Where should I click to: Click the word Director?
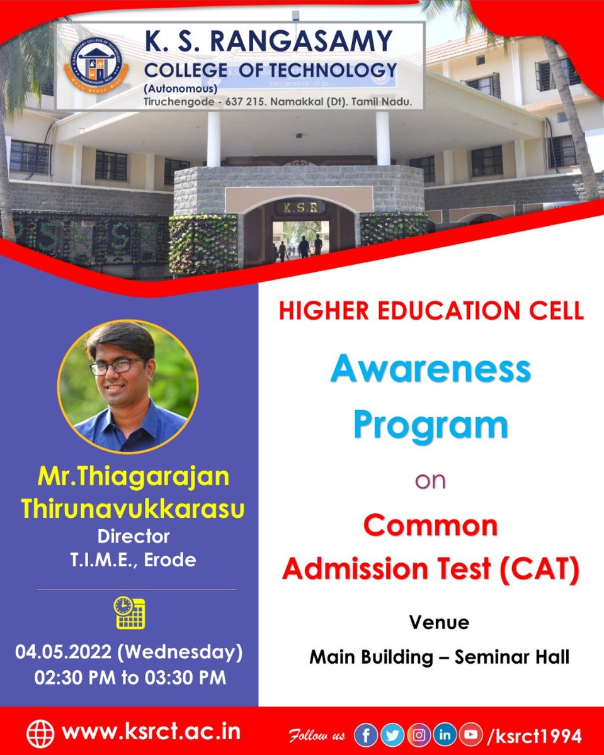coord(133,537)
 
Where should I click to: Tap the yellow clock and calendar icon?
coord(129,612)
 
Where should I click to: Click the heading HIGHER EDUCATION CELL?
coord(431,311)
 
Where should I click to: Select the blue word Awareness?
coord(431,370)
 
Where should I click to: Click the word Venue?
coord(439,623)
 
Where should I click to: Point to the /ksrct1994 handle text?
coord(529,734)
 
